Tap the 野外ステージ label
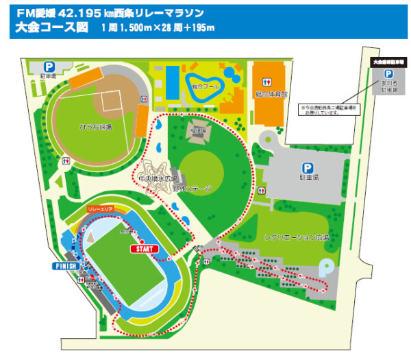coord(194,187)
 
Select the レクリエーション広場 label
coord(297,237)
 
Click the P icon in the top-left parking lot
coord(49,67)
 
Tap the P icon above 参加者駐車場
coord(388,74)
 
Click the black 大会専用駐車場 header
coord(387,61)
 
